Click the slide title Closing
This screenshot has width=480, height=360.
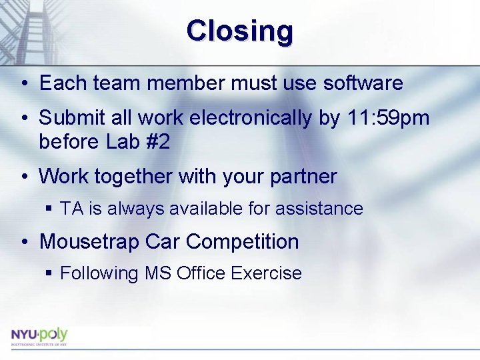click(x=239, y=31)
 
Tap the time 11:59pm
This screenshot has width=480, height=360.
click(x=389, y=118)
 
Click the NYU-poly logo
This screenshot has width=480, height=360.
click(x=39, y=335)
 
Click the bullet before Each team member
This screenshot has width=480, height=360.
click(x=23, y=84)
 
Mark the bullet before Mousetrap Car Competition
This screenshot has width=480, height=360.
click(x=23, y=242)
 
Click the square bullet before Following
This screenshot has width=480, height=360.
click(x=48, y=274)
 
